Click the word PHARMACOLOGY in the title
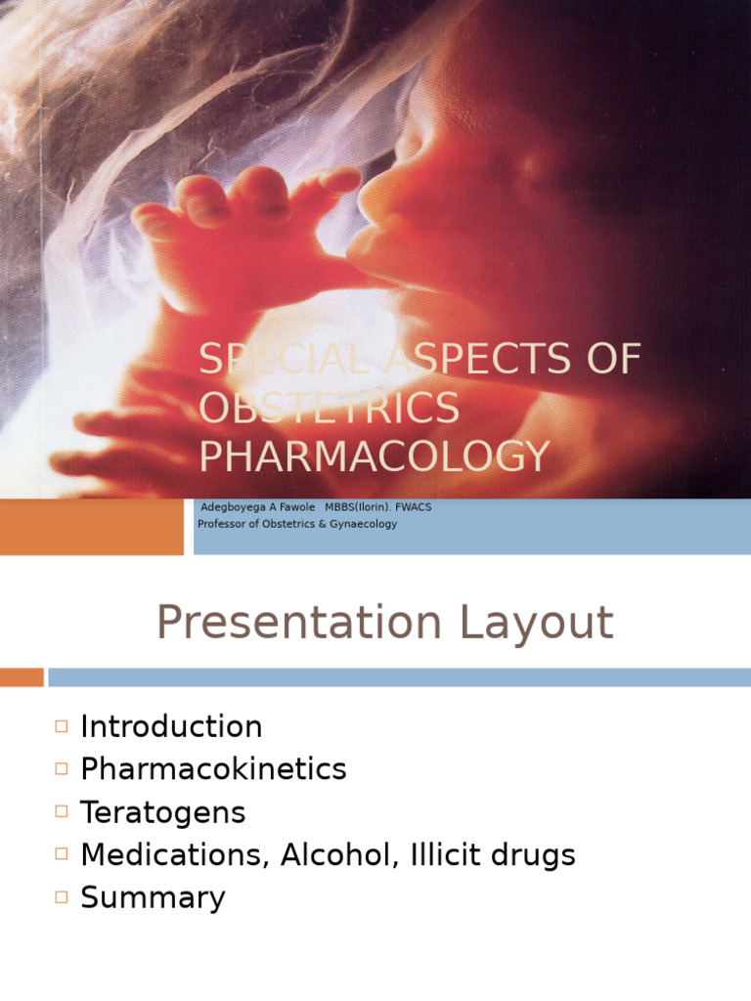[375, 457]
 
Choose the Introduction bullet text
[171, 727]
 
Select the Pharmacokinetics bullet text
[213, 769]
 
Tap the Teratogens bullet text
[162, 812]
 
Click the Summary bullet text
[153, 897]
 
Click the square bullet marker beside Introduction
[63, 726]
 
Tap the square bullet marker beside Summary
[63, 896]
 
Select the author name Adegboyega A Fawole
[258, 508]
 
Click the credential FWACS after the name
[414, 508]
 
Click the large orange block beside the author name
[91, 527]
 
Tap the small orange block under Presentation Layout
[22, 676]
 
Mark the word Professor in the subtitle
[222, 524]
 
